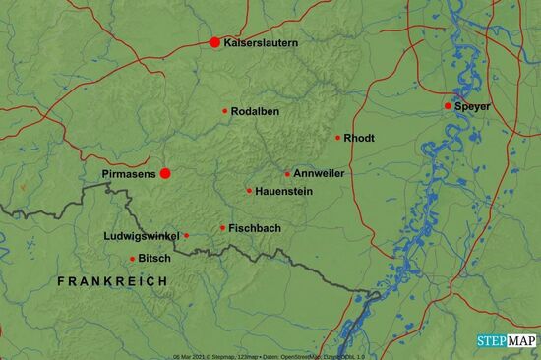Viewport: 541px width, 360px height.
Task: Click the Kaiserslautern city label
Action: coord(261,43)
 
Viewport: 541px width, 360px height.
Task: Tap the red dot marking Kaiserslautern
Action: coord(214,42)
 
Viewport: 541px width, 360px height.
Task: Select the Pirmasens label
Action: coord(128,173)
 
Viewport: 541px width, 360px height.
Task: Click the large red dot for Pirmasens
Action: coord(165,173)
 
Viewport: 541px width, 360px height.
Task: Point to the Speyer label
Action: coord(473,105)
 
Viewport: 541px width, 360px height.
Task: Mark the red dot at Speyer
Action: coord(448,105)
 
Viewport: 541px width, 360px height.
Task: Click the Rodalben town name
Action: coord(256,111)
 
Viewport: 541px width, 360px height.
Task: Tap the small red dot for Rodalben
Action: coord(225,111)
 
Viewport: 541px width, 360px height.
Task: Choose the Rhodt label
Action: coord(359,138)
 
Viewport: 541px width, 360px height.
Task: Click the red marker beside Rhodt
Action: coord(337,138)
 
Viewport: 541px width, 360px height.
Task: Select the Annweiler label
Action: coord(319,173)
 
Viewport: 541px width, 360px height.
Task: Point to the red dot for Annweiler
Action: coord(287,174)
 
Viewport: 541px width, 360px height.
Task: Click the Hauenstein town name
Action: coord(283,191)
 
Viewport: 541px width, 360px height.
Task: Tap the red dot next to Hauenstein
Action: coord(249,191)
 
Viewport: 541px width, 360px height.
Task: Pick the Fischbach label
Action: coord(255,228)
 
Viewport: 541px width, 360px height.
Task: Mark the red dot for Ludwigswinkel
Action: coord(186,236)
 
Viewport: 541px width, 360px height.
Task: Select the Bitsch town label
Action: coord(154,259)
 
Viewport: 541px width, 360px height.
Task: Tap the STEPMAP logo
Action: coord(507,340)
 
